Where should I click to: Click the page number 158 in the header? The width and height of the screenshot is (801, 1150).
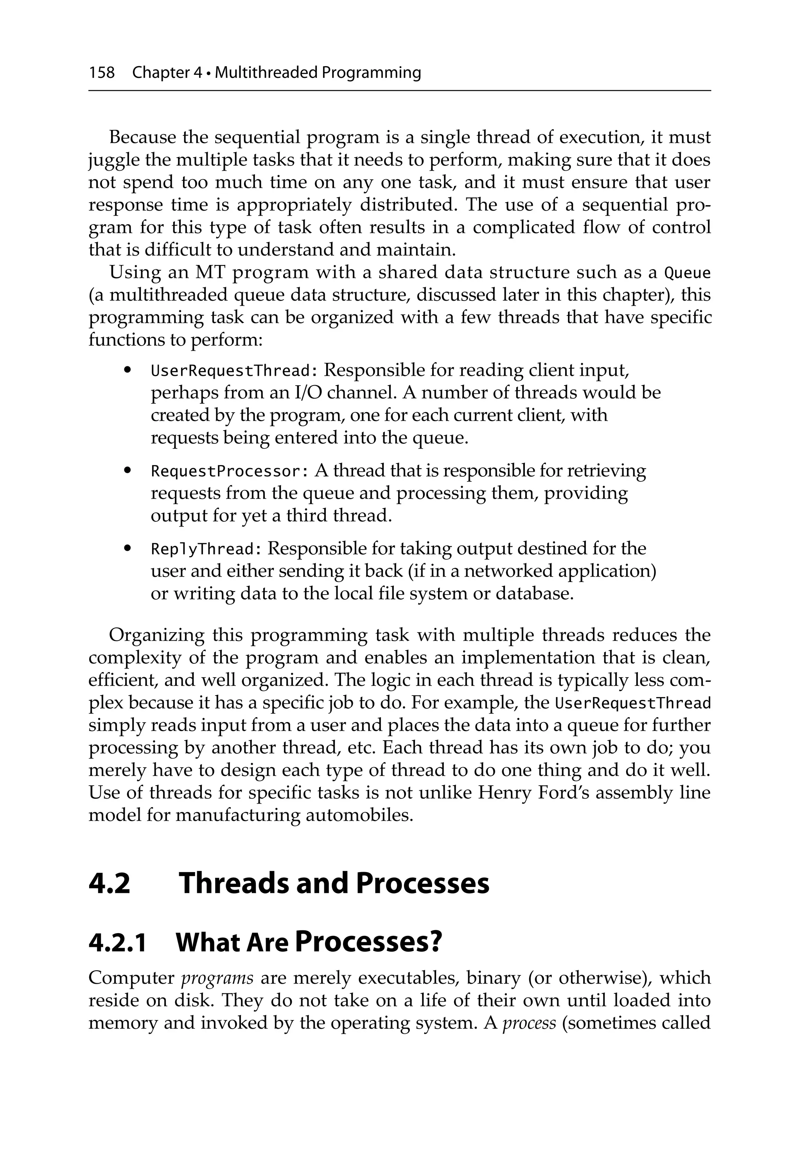click(x=102, y=73)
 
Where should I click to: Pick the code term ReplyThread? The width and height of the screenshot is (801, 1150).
click(x=206, y=550)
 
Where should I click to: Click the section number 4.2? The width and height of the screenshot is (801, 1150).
click(x=109, y=883)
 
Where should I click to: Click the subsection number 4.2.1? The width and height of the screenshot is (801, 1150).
click(x=117, y=943)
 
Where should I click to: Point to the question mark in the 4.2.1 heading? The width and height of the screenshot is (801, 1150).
click(x=435, y=942)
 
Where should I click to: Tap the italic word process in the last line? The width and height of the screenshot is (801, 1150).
click(x=529, y=1023)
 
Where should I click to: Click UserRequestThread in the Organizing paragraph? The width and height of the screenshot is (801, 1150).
click(x=633, y=704)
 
